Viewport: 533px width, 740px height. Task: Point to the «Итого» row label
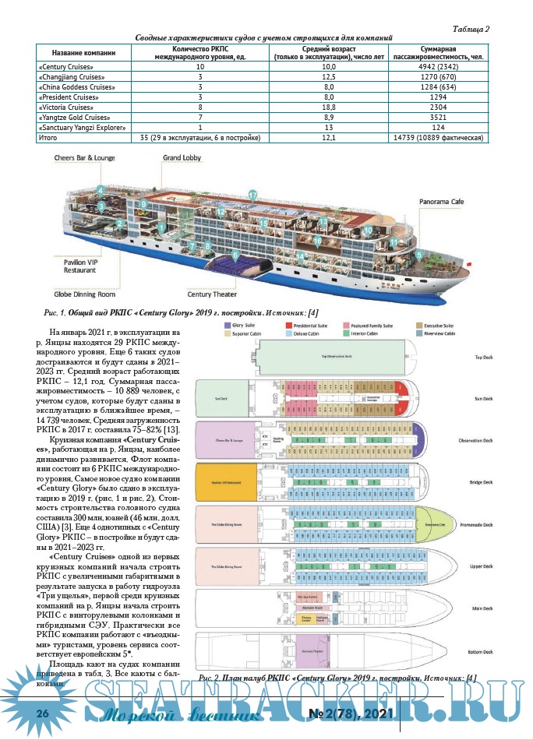click(x=48, y=137)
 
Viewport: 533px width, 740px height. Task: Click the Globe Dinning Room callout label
click(x=84, y=294)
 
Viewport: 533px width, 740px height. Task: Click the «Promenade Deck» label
click(x=478, y=524)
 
